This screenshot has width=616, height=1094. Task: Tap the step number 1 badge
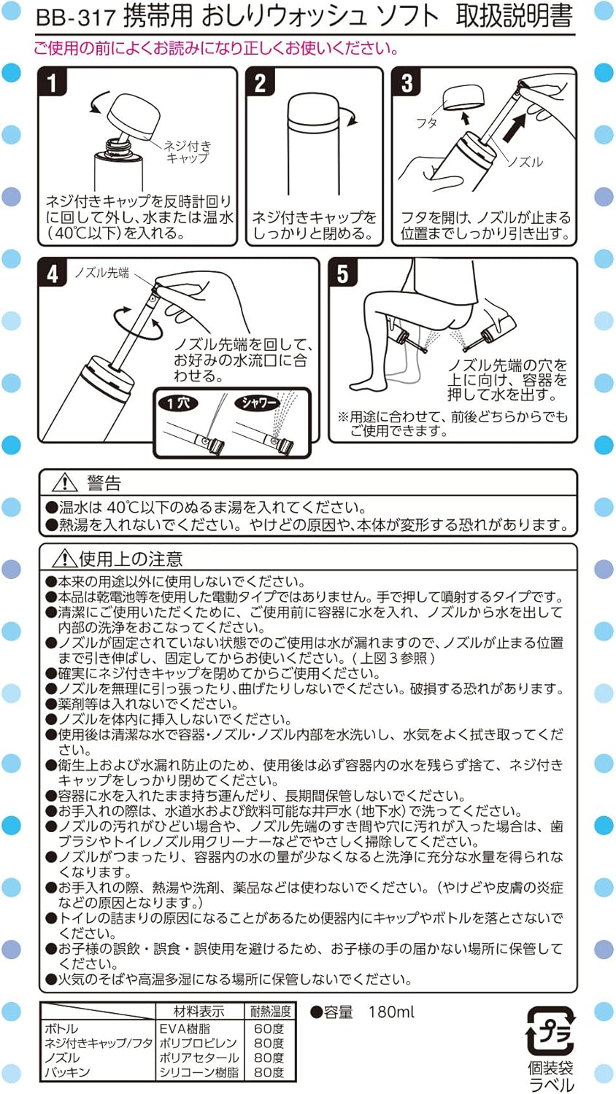(52, 82)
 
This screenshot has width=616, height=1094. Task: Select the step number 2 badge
(260, 82)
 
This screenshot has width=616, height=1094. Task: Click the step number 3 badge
(407, 82)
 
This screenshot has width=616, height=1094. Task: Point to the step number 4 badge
(53, 273)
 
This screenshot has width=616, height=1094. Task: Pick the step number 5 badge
(342, 273)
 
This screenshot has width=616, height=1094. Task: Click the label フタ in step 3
(426, 123)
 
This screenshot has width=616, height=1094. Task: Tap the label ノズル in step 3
(525, 162)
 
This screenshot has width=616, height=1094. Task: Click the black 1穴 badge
(180, 403)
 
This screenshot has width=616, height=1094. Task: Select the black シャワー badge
(257, 403)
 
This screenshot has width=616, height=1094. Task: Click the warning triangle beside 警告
(65, 482)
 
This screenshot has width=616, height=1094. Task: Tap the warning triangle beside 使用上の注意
(65, 559)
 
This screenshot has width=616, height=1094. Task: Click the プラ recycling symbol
(550, 1031)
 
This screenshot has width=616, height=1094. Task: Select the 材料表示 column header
(199, 1012)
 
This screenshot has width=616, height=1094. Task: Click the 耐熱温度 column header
(270, 1012)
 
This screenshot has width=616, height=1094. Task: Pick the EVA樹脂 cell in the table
(185, 1028)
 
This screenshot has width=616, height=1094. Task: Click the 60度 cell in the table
(269, 1028)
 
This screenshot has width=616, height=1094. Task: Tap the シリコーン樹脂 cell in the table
(199, 1072)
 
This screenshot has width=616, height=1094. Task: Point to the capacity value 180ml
(391, 1012)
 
